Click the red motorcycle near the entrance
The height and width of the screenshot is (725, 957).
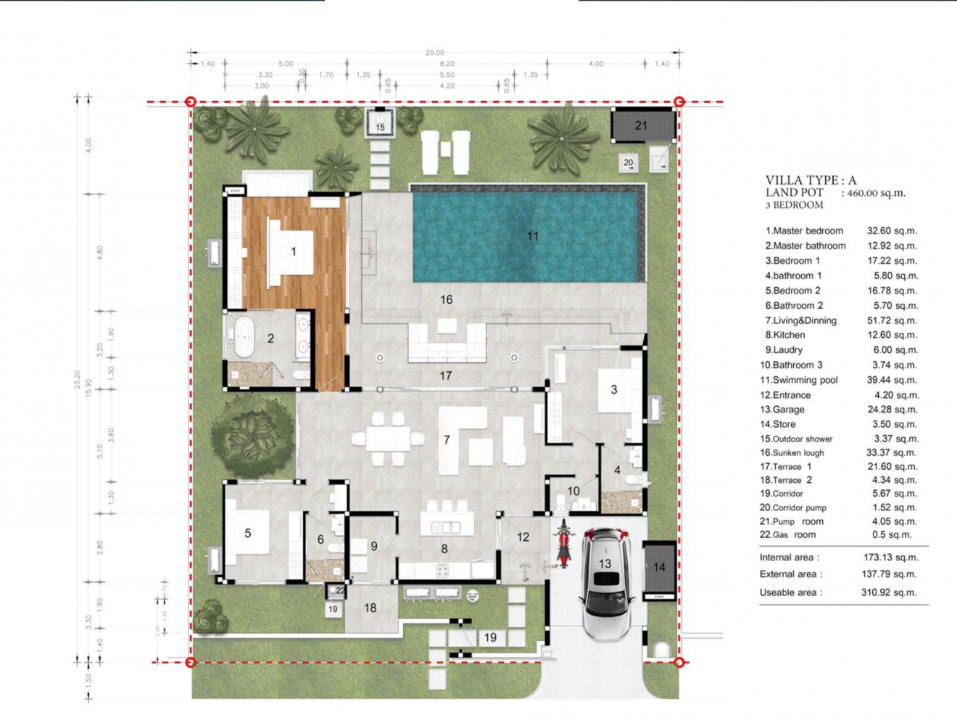[564, 544]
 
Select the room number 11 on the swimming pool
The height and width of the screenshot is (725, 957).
[533, 236]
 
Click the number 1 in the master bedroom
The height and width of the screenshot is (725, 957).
[293, 252]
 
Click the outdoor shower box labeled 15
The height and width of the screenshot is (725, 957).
[380, 123]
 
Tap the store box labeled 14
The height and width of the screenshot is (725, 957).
[659, 567]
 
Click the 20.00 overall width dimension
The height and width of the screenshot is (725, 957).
[434, 52]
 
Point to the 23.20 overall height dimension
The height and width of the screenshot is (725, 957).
[78, 379]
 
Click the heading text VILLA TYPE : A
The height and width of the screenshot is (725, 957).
[811, 180]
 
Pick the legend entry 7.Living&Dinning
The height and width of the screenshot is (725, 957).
[800, 320]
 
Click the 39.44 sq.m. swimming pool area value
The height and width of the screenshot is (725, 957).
[892, 380]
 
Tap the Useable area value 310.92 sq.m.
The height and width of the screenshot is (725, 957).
[891, 592]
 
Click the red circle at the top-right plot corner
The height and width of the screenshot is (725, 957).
[679, 102]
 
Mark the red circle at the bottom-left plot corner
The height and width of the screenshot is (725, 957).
[191, 662]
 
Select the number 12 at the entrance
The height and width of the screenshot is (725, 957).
[523, 537]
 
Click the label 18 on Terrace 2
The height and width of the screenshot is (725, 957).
[370, 608]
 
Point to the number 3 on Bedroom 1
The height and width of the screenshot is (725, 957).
[613, 389]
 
